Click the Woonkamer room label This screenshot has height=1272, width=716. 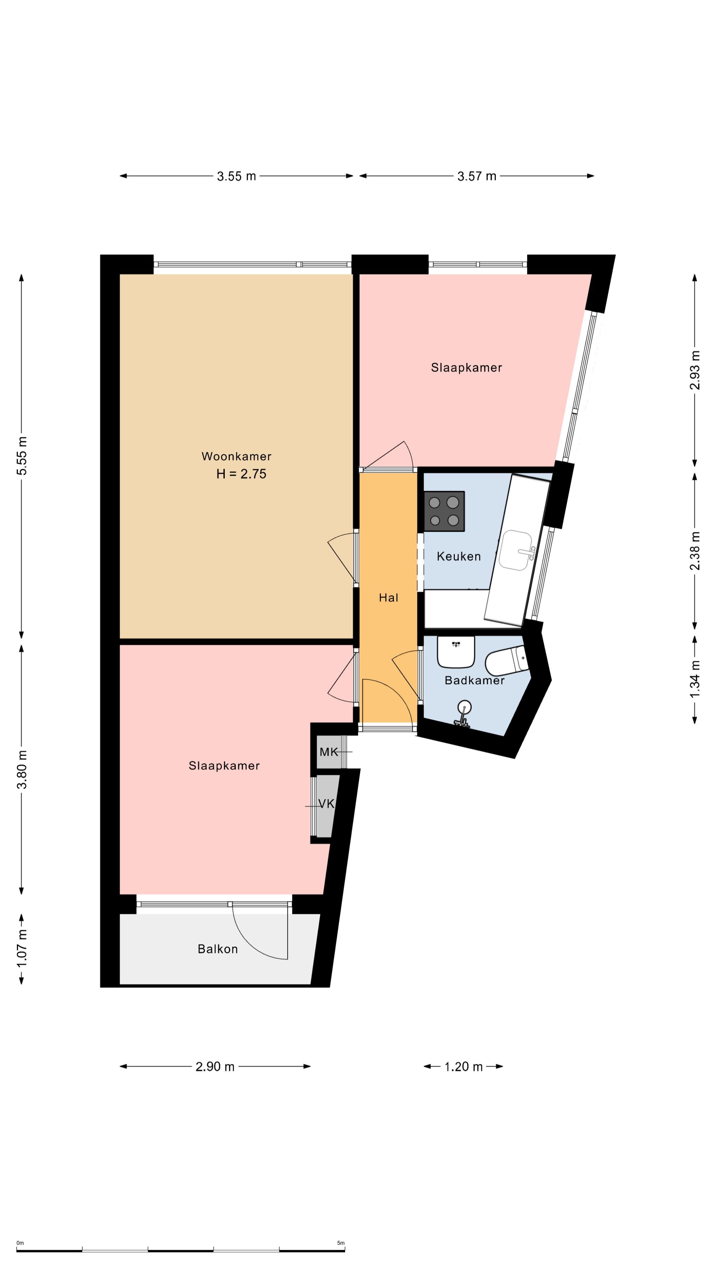pyautogui.click(x=236, y=456)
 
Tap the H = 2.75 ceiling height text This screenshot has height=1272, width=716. pyautogui.click(x=241, y=474)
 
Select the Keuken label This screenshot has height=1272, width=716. pyautogui.click(x=458, y=556)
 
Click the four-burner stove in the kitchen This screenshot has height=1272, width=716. pyautogui.click(x=444, y=511)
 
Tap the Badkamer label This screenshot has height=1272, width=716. pyautogui.click(x=474, y=680)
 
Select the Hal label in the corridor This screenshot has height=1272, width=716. pyautogui.click(x=388, y=598)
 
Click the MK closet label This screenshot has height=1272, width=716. pyautogui.click(x=328, y=752)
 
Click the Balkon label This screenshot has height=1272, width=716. pyautogui.click(x=217, y=949)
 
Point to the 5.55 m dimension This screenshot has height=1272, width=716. pyautogui.click(x=22, y=456)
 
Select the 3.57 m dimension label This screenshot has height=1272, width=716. pyautogui.click(x=476, y=176)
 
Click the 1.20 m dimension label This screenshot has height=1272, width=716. pyautogui.click(x=463, y=1067)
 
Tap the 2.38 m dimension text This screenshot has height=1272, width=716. pyautogui.click(x=695, y=551)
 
